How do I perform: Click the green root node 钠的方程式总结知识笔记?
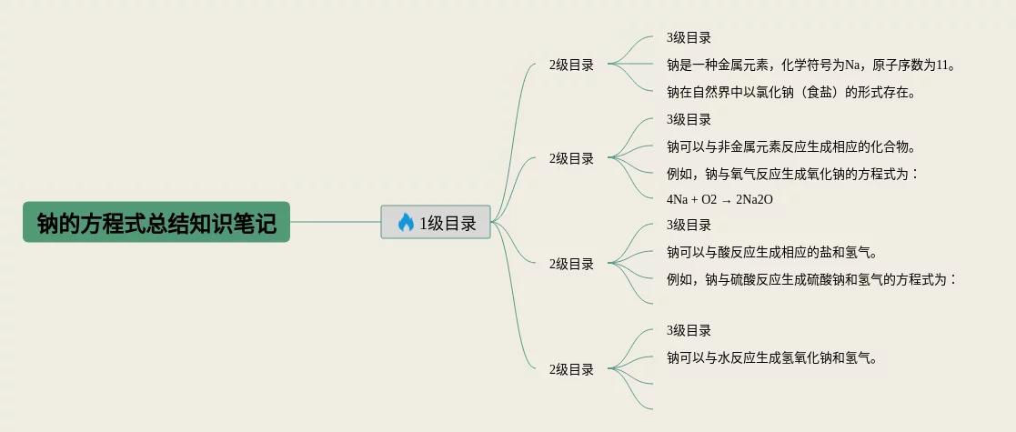156,222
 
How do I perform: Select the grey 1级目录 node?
436,222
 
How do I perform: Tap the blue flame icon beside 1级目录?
406,222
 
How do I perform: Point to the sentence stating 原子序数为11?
811,65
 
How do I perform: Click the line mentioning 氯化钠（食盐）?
790,91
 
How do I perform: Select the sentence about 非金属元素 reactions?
790,146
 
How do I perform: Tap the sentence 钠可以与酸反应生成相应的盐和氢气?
778,252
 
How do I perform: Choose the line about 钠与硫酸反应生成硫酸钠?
811,278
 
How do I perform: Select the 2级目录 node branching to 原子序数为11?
571,65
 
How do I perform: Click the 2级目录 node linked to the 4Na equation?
571,158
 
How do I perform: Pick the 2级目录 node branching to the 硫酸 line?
571,264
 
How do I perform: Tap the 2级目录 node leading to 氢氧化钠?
571,369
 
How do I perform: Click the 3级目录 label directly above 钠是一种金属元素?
689,38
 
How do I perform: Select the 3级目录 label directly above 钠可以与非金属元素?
689,119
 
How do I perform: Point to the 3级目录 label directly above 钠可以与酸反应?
689,225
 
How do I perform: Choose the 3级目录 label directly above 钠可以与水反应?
689,330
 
